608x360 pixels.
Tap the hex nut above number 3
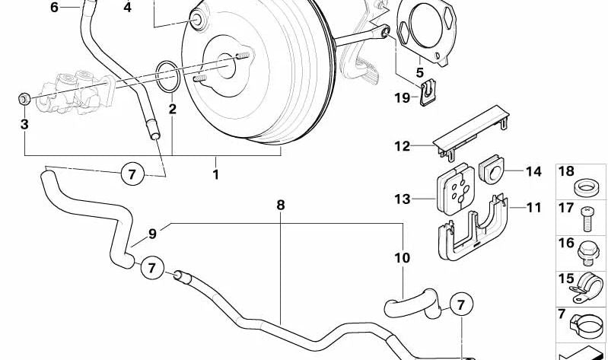tap(24, 98)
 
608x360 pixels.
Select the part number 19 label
tap(403, 97)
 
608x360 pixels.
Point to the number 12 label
tap(402, 145)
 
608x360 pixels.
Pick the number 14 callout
tap(533, 171)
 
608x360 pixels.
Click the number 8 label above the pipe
tap(281, 205)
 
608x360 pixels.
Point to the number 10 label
tap(402, 258)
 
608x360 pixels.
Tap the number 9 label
tap(153, 233)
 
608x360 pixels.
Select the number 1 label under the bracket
tap(215, 174)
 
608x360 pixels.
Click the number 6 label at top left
tap(54, 8)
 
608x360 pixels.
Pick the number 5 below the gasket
tap(419, 72)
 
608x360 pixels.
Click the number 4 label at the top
tap(127, 8)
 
